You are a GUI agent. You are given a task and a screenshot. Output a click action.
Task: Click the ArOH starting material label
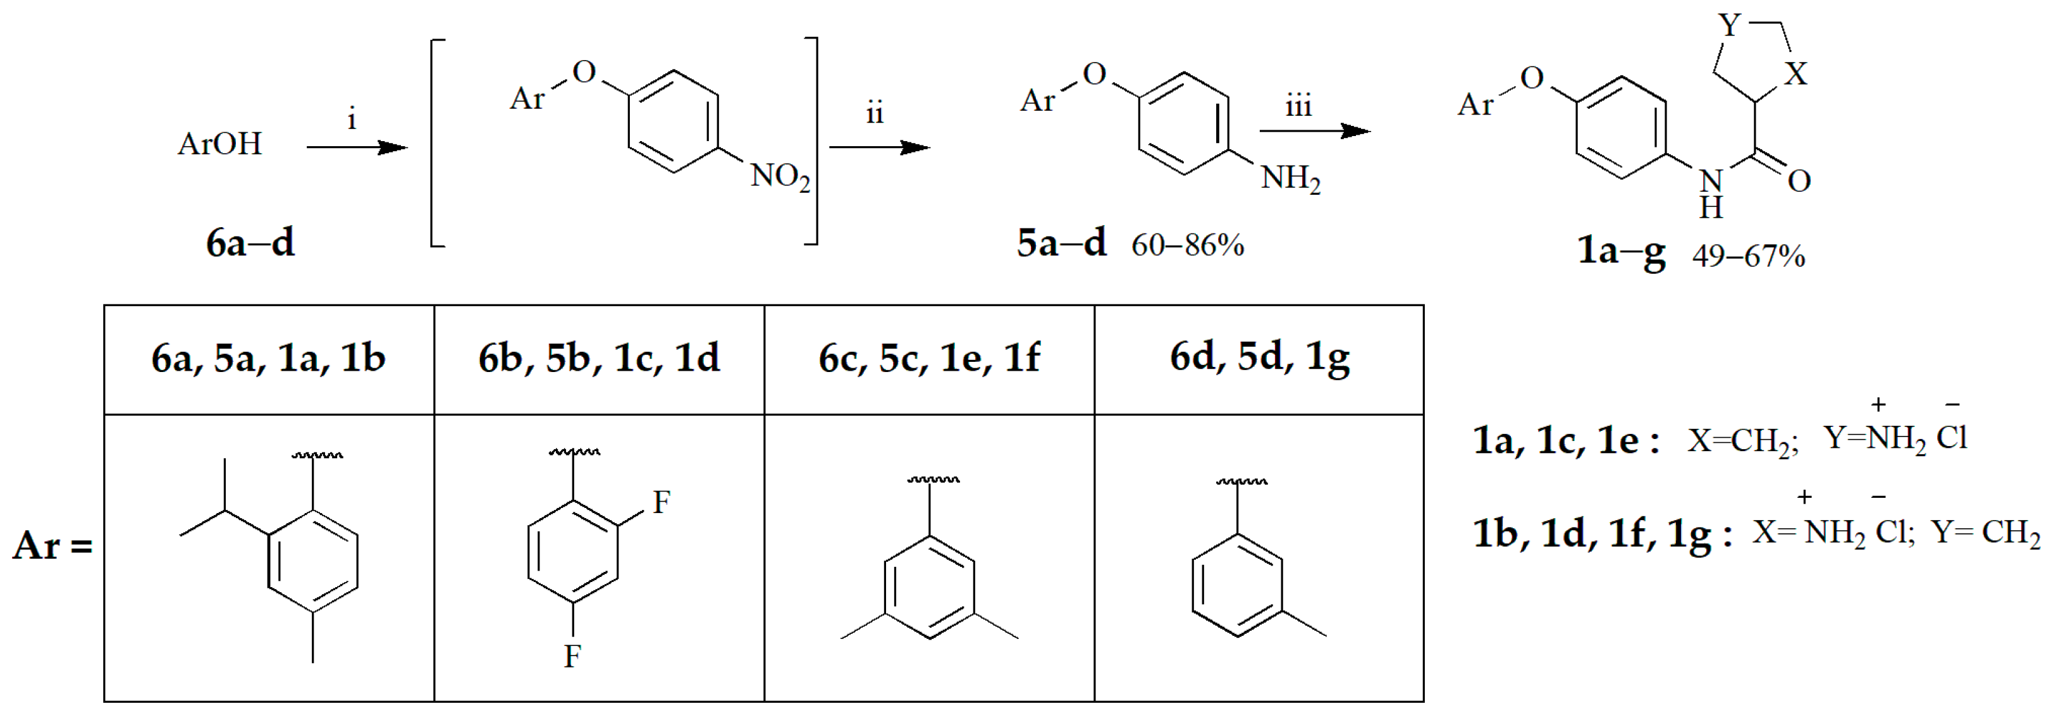point(219,144)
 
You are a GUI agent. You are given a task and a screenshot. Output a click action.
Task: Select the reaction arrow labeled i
point(357,147)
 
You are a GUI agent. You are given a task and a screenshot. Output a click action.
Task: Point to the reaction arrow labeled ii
point(879,147)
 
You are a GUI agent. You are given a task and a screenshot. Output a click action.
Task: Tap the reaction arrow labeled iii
point(1314,132)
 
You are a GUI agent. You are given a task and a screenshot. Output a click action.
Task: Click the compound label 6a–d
point(250,242)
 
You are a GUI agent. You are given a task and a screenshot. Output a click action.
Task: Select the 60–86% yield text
point(1187,245)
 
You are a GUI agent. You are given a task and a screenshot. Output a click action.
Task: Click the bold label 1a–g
point(1621,252)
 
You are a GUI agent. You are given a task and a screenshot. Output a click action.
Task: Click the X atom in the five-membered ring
point(1795,75)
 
